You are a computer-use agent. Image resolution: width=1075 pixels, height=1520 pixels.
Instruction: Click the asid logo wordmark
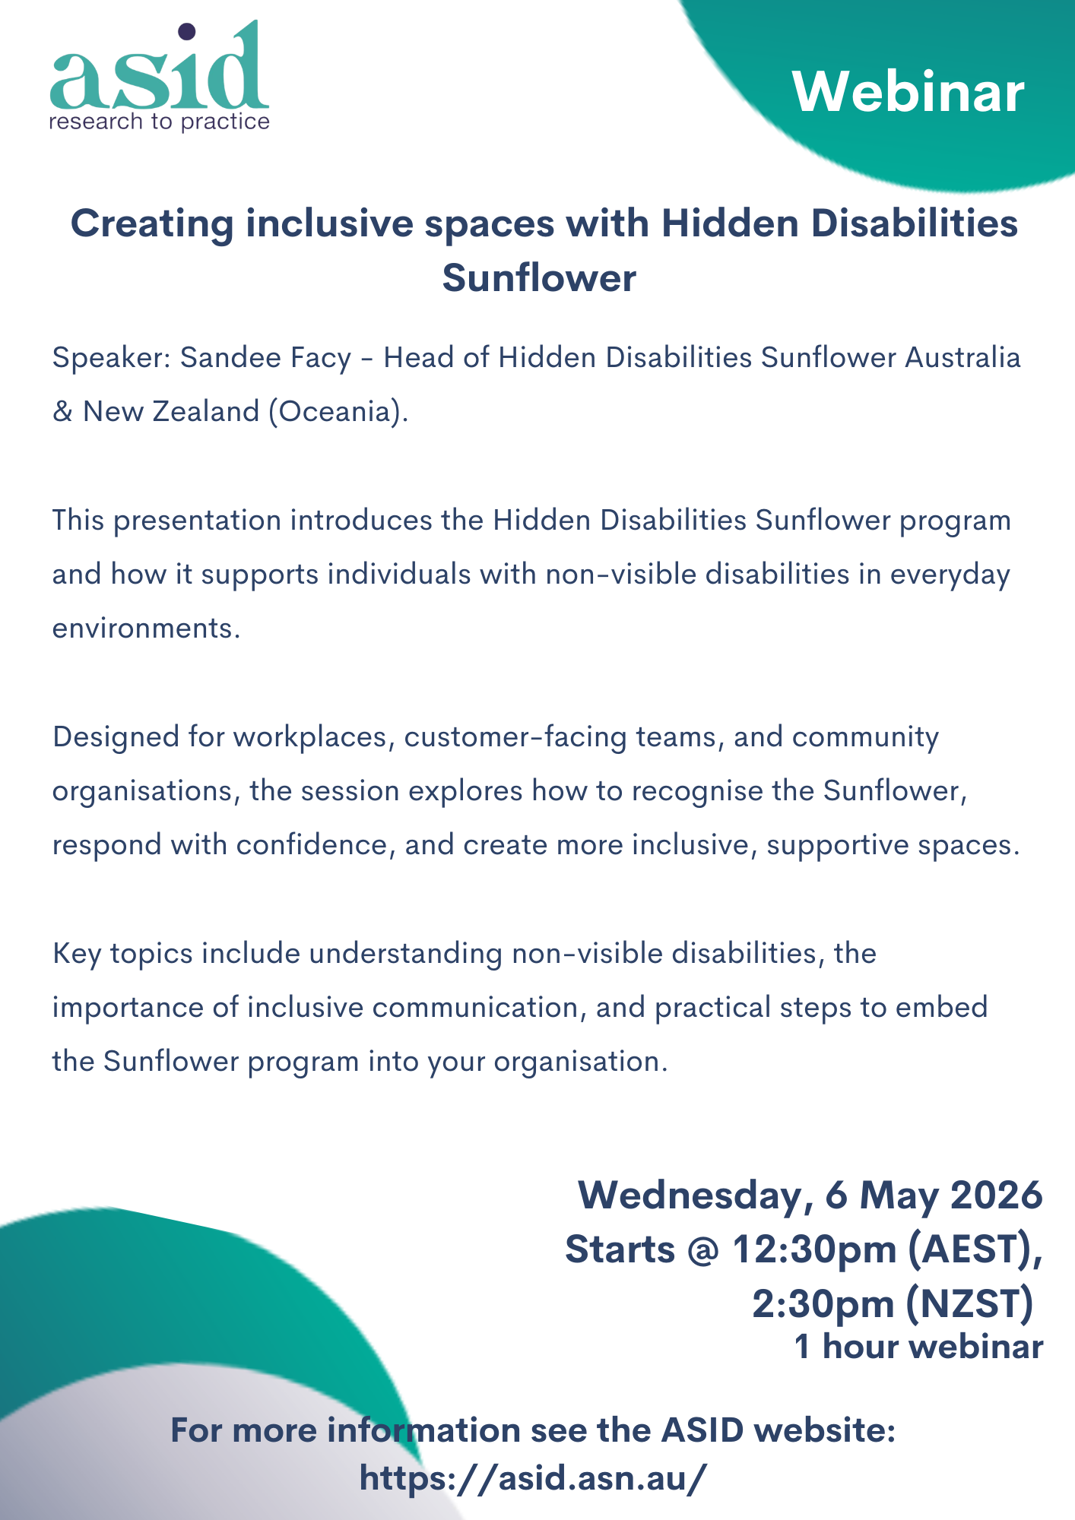160,67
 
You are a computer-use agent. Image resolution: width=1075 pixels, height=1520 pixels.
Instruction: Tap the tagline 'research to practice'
160,122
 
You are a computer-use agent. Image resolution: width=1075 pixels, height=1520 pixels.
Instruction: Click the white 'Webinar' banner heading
909,92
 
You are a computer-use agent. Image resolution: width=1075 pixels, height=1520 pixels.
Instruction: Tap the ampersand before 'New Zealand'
62,411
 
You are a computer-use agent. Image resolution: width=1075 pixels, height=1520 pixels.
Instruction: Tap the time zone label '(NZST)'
969,1304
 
